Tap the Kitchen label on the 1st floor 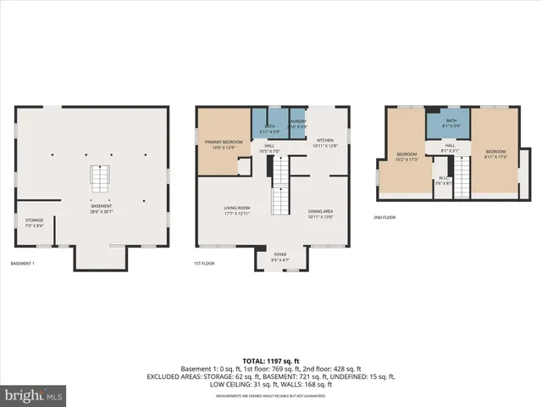(326, 142)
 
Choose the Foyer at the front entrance (280, 256)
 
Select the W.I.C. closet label (441, 181)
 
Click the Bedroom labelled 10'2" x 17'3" (407, 156)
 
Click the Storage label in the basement (34, 222)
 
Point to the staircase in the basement (101, 180)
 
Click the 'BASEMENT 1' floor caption (22, 264)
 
